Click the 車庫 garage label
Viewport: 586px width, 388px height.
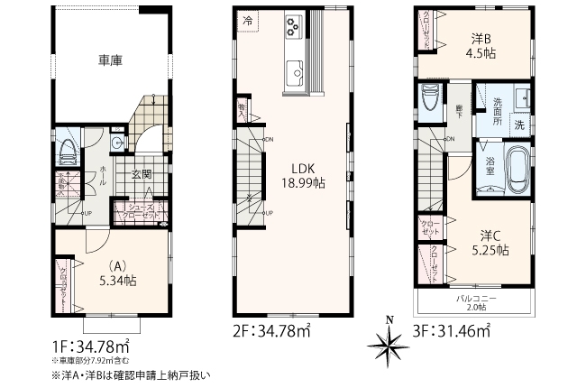110,60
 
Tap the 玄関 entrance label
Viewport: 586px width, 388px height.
142,173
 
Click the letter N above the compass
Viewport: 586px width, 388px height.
389,319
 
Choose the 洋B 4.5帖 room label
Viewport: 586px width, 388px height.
481,44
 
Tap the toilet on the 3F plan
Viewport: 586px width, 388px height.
430,97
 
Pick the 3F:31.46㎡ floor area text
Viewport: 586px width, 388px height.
451,333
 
